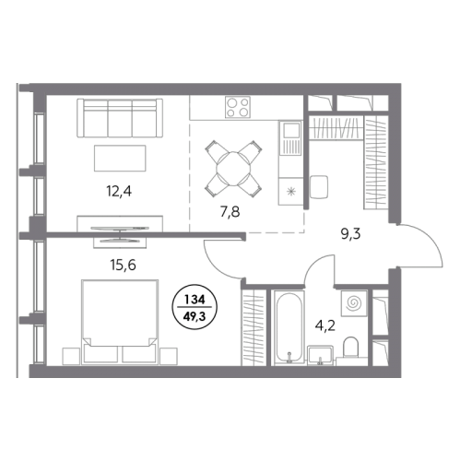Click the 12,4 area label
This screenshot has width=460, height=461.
tap(119, 192)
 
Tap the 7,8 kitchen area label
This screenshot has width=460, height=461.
tap(230, 212)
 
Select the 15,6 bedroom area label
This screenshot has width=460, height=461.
tap(123, 265)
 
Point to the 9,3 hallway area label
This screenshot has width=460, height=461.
tap(350, 234)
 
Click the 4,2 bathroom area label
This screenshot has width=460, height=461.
tap(325, 325)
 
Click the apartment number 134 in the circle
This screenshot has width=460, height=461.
tap(195, 300)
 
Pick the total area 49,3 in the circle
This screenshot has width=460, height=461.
tap(195, 316)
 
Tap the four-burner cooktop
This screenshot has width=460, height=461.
tap(238, 107)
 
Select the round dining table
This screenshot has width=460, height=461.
tap(233, 169)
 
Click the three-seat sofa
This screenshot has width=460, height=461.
tap(120, 118)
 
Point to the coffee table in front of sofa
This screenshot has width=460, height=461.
tap(120, 158)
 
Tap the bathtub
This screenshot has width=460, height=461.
tap(289, 327)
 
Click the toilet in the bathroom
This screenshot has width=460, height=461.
tap(350, 349)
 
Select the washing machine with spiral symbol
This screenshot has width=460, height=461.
tap(354, 303)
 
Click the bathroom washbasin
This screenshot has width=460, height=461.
tap(321, 355)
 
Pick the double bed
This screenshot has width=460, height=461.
tap(120, 322)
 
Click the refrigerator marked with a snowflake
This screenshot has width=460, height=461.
tap(290, 191)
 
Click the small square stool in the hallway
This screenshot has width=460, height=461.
tap(319, 186)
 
